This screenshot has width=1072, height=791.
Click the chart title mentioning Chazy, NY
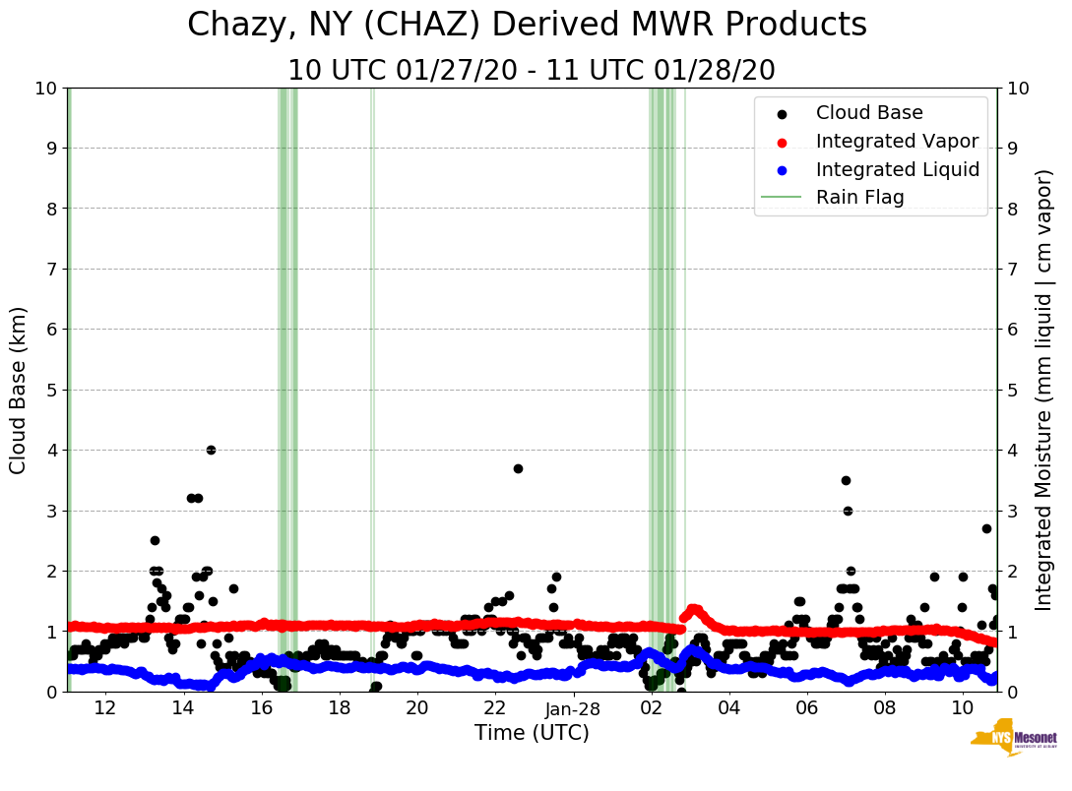(x=527, y=26)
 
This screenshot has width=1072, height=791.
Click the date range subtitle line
(x=532, y=71)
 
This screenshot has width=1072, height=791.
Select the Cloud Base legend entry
(x=869, y=113)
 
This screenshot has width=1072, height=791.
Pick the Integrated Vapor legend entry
(x=897, y=142)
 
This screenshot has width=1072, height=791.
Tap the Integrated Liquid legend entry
(x=897, y=169)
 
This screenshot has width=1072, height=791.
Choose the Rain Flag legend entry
(x=859, y=198)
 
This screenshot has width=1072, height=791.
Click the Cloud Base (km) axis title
(x=19, y=390)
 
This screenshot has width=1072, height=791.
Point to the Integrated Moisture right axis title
(x=1044, y=390)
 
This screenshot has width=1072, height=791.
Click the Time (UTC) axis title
(x=532, y=733)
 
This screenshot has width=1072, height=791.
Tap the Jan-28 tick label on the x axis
(x=573, y=708)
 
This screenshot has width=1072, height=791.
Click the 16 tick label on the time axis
(x=261, y=708)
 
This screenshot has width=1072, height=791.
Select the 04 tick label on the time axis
(x=729, y=708)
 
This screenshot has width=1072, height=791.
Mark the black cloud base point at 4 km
(x=211, y=450)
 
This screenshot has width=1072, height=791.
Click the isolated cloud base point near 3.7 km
(x=518, y=468)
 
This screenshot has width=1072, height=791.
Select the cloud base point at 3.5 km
(x=846, y=480)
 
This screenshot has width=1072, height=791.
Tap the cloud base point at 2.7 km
(x=986, y=528)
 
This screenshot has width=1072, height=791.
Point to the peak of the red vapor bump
(x=693, y=609)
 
